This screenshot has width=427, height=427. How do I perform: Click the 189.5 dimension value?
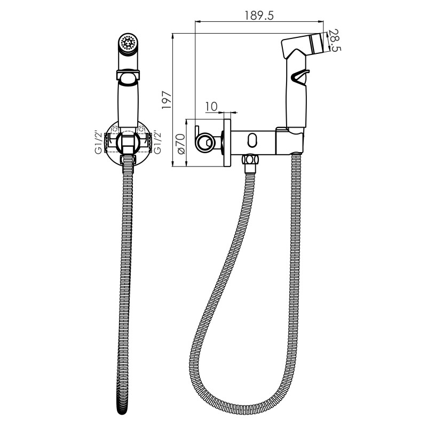tap(259, 15)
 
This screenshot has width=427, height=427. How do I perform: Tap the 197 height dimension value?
tap(167, 100)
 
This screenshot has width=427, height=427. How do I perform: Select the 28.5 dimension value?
tap(335, 41)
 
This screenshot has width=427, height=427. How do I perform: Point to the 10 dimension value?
tap(211, 106)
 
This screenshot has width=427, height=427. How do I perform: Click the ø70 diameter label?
tap(181, 144)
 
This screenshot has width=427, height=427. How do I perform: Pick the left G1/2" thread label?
tap(99, 143)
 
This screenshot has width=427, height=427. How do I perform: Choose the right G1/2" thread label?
tap(157, 143)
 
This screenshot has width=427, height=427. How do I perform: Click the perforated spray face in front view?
tap(128, 43)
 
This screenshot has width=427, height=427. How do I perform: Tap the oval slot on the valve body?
tap(251, 140)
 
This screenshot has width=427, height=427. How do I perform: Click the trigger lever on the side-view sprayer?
tap(300, 76)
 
